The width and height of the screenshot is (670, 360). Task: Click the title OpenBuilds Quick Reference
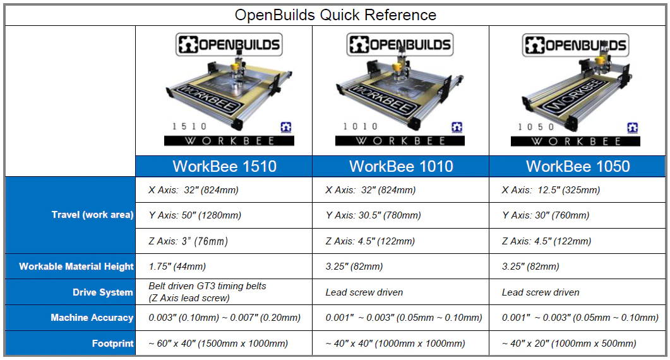coord(335,15)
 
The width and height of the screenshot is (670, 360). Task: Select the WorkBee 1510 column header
coord(224,166)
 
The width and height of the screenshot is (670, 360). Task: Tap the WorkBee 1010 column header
coord(401,166)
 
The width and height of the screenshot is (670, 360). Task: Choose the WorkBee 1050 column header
coord(578,166)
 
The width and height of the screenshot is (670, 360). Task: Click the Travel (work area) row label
coord(92,215)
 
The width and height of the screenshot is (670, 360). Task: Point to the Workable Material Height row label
coord(76,267)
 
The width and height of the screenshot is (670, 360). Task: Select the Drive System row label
coord(102,292)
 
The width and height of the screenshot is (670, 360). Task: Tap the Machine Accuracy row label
coord(92,318)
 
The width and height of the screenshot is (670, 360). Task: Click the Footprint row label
coord(113,344)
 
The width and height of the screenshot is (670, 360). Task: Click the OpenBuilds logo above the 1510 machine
coord(229,44)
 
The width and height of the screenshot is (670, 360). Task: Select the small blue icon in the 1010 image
coord(457,127)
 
